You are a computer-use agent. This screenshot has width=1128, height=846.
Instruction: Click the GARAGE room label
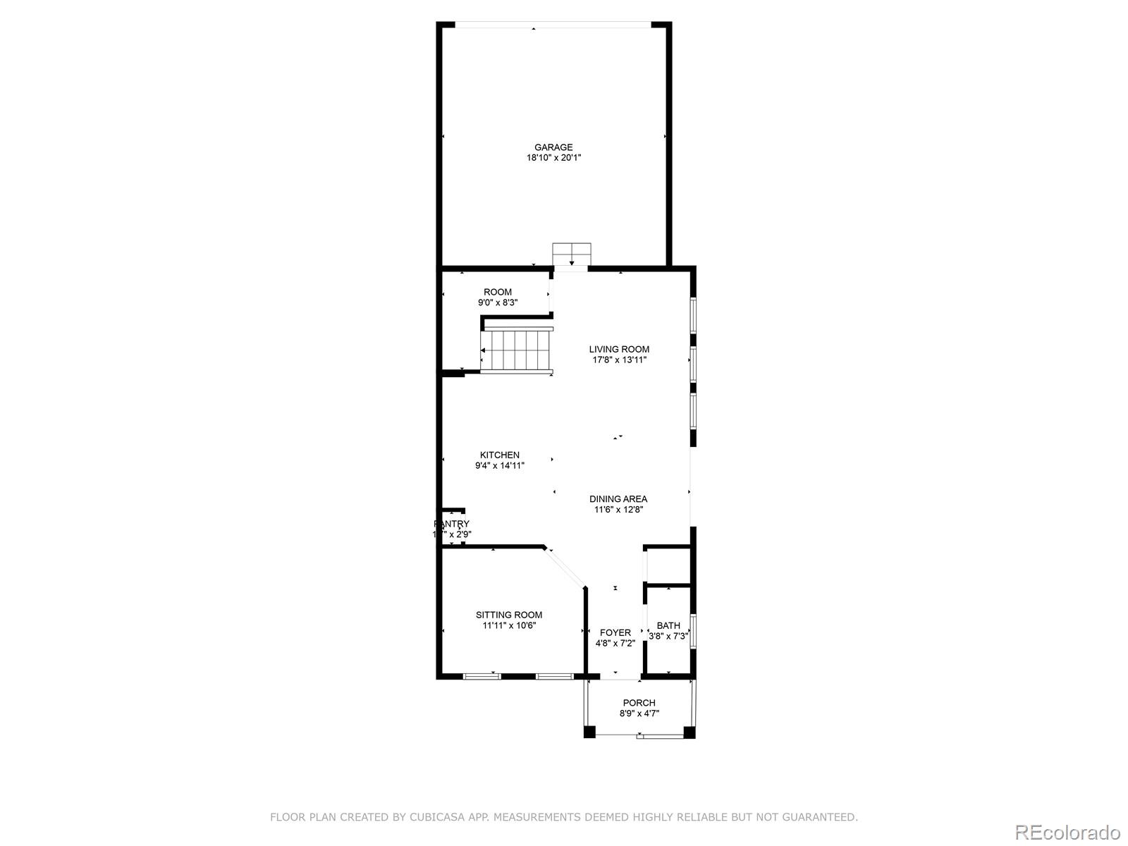(553, 147)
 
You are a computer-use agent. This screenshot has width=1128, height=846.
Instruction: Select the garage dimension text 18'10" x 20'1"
(553, 158)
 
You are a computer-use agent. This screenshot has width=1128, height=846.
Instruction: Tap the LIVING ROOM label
(619, 349)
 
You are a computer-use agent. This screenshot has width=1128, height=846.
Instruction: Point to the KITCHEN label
(500, 455)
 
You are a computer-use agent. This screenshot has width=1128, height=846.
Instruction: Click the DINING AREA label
(618, 498)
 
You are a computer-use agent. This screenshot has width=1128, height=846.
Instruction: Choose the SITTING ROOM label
(509, 615)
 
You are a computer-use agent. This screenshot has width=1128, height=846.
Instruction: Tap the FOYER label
(615, 632)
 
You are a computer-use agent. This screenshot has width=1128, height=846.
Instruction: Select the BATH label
(668, 625)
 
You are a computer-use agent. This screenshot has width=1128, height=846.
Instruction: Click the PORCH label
(639, 702)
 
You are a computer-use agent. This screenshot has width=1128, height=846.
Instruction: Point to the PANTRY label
(451, 524)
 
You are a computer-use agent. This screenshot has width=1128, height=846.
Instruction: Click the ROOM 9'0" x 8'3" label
(498, 292)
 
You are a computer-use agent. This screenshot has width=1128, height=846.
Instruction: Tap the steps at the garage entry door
(571, 252)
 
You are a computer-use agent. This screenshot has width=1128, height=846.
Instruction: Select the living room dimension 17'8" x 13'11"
(619, 360)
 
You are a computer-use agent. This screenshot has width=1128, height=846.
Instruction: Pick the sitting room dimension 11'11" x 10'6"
(509, 625)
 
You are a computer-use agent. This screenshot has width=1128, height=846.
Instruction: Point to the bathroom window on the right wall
(693, 631)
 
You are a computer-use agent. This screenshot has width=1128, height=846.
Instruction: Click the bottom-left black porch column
(589, 732)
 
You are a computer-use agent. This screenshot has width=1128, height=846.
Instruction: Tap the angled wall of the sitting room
(565, 567)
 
